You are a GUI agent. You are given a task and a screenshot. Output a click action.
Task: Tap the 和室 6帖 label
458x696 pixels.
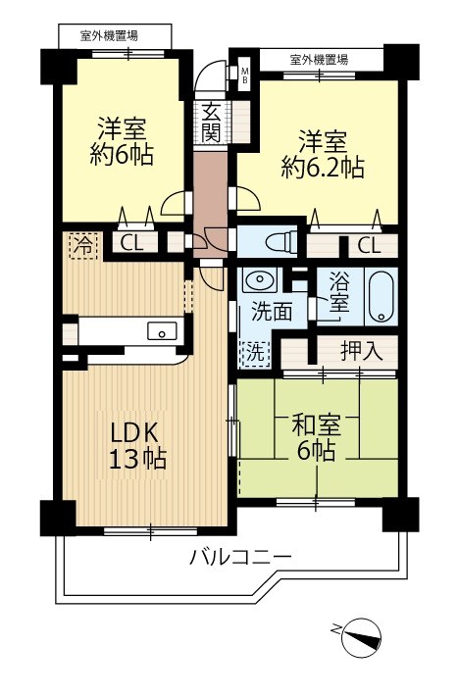315,438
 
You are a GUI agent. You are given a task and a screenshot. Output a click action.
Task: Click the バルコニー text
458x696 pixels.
240,558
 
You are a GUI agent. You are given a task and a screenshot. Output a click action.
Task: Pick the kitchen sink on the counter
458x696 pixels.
161,331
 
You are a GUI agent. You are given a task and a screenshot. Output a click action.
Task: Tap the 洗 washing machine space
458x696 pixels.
253,349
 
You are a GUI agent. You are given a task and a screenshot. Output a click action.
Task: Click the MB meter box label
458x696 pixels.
245,74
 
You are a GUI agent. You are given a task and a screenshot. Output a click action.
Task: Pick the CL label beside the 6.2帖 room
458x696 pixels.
370,245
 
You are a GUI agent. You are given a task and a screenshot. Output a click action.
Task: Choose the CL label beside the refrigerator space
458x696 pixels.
131,244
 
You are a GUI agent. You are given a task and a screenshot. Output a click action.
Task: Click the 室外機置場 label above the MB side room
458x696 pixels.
320,60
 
